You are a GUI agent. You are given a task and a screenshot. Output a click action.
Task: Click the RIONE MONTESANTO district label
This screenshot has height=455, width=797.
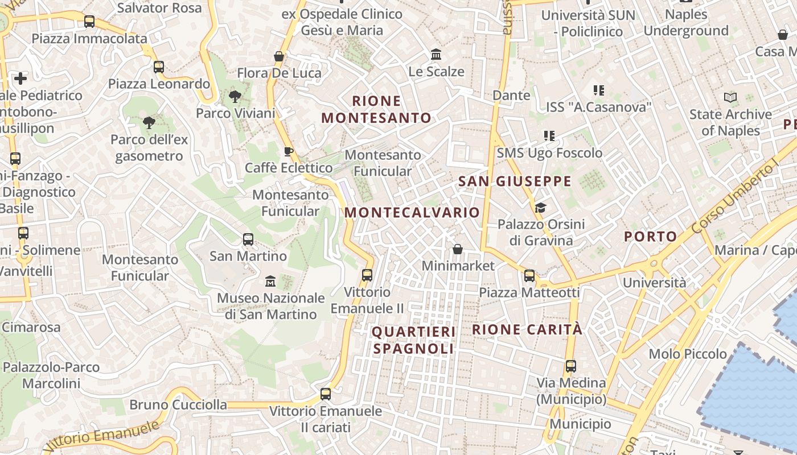[376, 109]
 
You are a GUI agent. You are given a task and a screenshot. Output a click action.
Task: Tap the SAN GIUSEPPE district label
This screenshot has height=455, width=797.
[515, 181]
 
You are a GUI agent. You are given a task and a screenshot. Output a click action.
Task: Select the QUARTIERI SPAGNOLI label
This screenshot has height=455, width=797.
[413, 340]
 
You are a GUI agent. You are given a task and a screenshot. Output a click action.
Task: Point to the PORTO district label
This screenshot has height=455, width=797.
[651, 237]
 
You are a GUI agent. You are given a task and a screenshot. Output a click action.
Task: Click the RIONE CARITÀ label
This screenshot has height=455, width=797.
[527, 329]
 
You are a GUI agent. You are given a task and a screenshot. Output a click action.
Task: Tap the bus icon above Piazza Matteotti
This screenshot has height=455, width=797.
[529, 276]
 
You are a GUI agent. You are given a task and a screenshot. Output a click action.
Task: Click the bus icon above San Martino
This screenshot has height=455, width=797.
[248, 239]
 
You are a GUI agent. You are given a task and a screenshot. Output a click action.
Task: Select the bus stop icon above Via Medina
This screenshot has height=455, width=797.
[571, 366]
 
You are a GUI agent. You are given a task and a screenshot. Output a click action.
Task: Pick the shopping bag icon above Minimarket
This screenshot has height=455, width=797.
[458, 249]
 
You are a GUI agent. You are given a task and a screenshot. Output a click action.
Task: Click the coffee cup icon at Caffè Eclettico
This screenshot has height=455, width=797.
[289, 151]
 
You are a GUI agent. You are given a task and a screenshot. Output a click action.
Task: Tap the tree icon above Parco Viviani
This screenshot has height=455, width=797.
[235, 97]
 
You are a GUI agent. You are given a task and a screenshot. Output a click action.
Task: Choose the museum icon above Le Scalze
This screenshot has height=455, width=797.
[437, 55]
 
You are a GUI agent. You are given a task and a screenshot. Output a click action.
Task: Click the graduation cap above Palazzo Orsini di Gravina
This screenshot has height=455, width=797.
[540, 208]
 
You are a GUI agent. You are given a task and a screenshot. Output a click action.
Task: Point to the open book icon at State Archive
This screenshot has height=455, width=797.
[730, 97]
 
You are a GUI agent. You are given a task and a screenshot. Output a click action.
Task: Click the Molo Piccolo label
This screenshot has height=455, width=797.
[688, 354]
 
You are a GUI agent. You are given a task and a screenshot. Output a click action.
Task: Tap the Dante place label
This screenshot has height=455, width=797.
[511, 95]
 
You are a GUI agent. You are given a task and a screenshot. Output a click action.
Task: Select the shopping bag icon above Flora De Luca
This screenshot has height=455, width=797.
[279, 56]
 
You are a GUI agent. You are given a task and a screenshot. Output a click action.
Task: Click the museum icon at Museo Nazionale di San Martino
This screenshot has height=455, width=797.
[270, 282]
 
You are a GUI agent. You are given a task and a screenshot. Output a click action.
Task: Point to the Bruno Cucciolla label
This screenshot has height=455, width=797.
[178, 405]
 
